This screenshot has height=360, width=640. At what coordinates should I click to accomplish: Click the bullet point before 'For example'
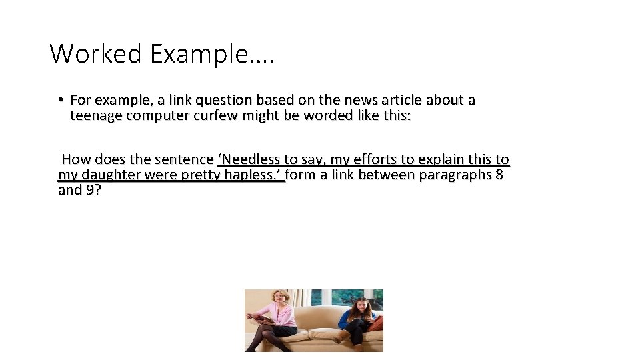tap(59, 101)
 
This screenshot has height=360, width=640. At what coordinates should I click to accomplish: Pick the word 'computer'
tap(157, 115)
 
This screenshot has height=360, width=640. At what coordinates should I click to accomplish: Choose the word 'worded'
tap(339, 115)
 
